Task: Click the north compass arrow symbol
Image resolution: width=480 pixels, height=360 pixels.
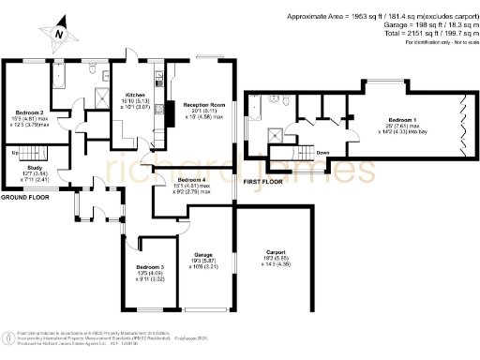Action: click(58, 32)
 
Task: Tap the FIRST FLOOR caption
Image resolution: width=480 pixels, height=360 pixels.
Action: click(262, 181)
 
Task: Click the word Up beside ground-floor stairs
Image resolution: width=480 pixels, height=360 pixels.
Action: click(15, 153)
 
